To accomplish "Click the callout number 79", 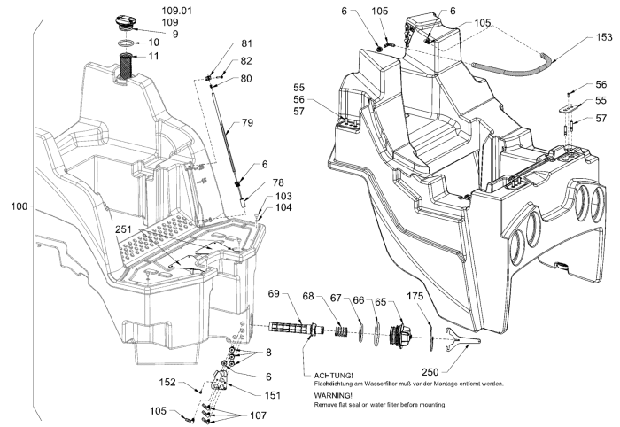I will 247,123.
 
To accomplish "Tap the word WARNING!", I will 329,395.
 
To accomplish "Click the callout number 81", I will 246,44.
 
